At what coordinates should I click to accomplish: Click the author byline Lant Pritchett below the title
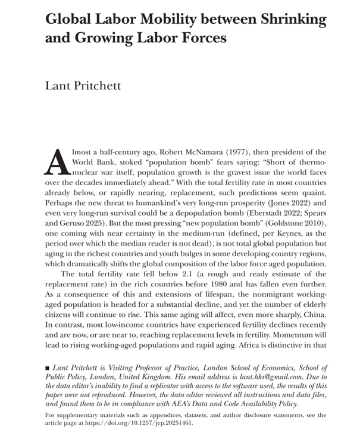[83, 86]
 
